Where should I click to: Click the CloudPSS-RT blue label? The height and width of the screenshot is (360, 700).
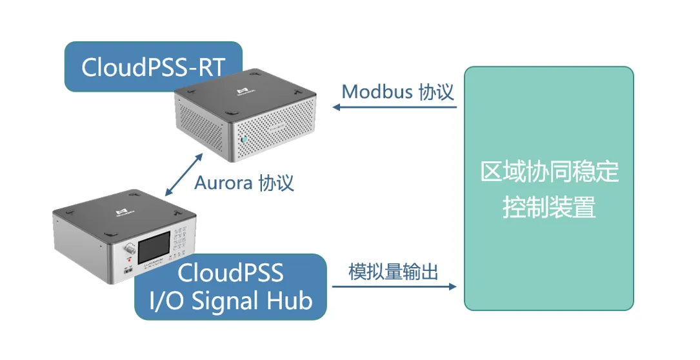[152, 66]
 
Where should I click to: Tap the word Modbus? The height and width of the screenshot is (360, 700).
[377, 92]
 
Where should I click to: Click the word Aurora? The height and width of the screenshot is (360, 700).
[223, 183]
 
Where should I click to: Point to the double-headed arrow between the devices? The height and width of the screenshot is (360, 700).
[183, 174]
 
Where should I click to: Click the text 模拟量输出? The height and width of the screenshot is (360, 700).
[393, 272]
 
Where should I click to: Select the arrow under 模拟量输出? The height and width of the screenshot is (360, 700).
[394, 286]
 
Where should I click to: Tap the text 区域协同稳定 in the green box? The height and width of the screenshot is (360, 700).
[549, 172]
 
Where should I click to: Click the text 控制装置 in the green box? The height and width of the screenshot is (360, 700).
[549, 208]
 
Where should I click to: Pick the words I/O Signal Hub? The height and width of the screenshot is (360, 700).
[231, 301]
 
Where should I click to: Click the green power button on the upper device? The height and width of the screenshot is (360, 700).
[245, 139]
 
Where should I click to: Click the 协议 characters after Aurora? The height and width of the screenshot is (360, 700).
[276, 183]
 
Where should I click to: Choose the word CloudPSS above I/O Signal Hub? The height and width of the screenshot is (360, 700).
[231, 273]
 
